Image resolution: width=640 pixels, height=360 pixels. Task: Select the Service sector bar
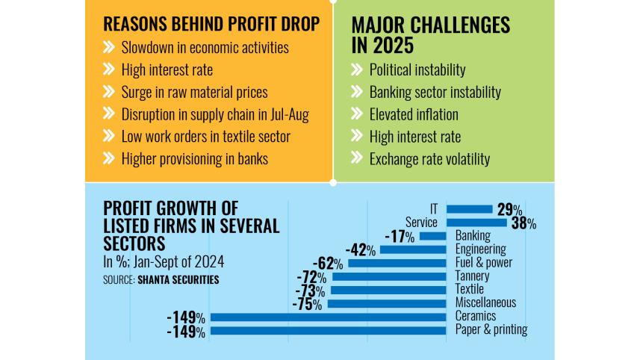pos(479,222)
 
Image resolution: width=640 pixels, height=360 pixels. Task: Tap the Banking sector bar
pos(433,236)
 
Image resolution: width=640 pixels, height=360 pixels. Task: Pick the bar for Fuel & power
pos(398,263)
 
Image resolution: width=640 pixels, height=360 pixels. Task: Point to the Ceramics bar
pos(329,317)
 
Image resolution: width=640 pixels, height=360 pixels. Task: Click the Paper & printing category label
pos(491,329)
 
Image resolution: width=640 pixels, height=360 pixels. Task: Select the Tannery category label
pos(473,276)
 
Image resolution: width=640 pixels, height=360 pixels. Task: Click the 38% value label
pos(524,223)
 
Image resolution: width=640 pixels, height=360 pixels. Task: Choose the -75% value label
pos(306,304)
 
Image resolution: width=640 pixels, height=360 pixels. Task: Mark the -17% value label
pos(401,236)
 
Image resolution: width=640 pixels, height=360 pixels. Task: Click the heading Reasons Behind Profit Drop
pos(211,24)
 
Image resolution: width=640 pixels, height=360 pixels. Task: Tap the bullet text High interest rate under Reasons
pos(167,70)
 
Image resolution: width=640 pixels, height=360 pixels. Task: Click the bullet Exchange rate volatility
pos(430,159)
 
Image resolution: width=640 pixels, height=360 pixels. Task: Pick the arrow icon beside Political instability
pos(357,70)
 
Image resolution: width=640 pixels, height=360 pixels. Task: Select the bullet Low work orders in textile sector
pos(206,137)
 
